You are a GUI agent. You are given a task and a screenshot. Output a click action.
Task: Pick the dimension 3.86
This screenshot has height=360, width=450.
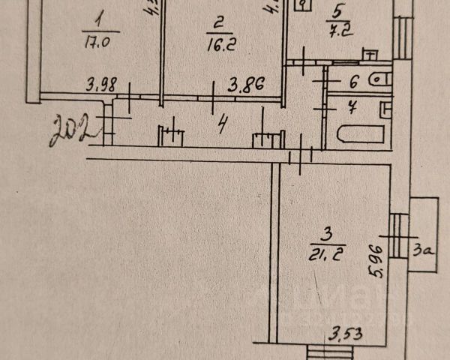click(241, 85)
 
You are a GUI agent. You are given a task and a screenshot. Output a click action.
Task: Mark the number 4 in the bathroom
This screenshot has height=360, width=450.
click(352, 106)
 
